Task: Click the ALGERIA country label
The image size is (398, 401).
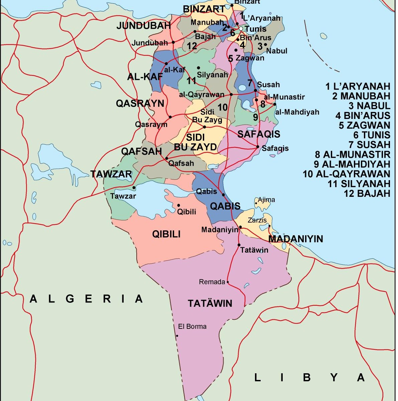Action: pos(86,298)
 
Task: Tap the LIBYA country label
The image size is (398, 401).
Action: pos(309,377)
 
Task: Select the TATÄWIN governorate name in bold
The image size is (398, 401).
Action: pos(210,303)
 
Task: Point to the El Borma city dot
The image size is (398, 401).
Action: pos(177,336)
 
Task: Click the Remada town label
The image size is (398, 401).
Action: pos(212,282)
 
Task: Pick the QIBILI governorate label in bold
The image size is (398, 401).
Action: pos(166,234)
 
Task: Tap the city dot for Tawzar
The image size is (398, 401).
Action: pos(134,187)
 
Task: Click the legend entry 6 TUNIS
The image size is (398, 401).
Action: pos(372,135)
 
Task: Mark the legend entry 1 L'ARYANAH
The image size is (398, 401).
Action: pos(358,86)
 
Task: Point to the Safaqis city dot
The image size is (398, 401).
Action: pos(258,147)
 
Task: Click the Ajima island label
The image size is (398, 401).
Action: pos(266,200)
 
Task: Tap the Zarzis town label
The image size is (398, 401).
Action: pos(257,220)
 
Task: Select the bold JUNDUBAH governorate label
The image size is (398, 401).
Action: pos(143,26)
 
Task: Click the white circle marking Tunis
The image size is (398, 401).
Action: pos(241,29)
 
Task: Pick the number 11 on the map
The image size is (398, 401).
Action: pos(191,81)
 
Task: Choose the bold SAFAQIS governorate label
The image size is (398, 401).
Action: pos(259,134)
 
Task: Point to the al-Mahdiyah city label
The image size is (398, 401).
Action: pos(297,112)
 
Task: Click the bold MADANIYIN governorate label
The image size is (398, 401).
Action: pos(295,239)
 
